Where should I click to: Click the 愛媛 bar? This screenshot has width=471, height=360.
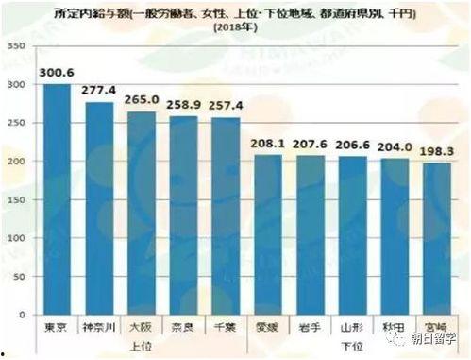pos(268,235)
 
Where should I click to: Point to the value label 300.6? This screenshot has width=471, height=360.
pos(56,71)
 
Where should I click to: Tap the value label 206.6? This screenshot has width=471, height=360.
pos(352,143)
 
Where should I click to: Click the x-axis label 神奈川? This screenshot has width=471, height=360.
pos(99,327)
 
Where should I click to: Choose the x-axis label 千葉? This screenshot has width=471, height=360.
pos(226,327)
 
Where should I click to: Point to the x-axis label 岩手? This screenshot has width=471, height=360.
pos(310,327)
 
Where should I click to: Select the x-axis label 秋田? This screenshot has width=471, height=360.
pos(394,327)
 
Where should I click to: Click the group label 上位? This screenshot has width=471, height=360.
pos(141,346)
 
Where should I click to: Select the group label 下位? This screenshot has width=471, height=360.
pos(352,346)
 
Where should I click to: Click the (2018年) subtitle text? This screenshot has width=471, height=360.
pos(235,27)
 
